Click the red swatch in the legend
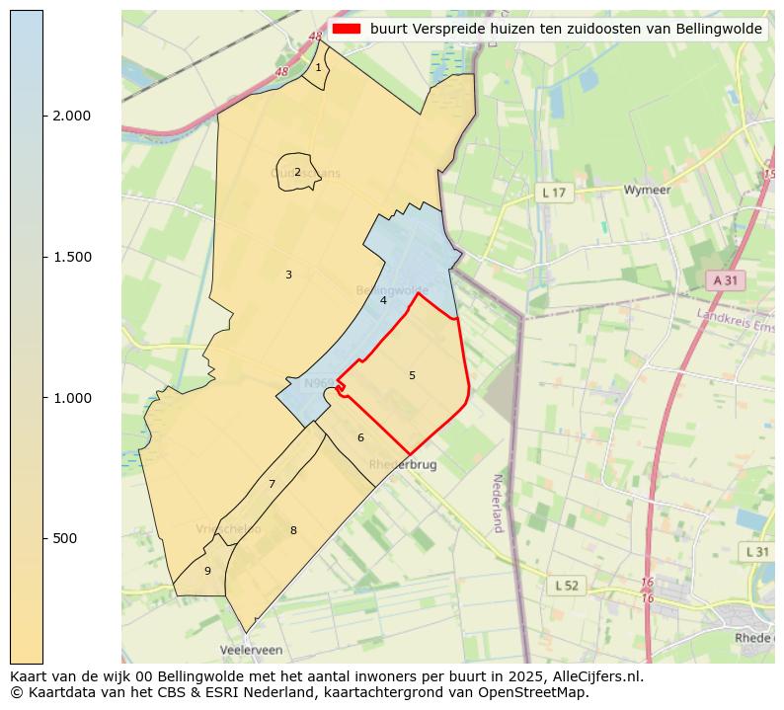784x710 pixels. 347,30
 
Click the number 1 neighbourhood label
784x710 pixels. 318,67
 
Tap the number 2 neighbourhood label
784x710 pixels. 297,172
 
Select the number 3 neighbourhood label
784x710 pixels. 288,275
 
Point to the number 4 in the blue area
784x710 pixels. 383,300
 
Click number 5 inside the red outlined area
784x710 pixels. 412,375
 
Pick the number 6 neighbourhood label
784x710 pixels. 360,437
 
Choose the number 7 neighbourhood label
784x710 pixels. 272,484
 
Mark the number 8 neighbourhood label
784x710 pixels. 293,530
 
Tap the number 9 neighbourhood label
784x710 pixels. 207,571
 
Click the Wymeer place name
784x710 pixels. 648,189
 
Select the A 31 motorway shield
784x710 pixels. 725,280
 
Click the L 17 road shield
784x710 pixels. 555,193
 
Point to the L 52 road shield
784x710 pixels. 566,586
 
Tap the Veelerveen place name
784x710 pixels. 251,651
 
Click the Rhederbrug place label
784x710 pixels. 402,464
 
